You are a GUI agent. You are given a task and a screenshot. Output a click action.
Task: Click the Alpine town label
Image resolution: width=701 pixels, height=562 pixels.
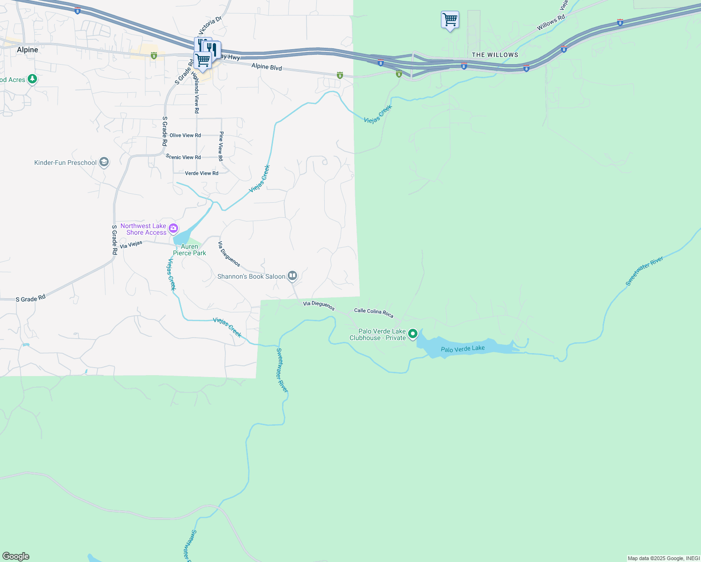(x=27, y=50)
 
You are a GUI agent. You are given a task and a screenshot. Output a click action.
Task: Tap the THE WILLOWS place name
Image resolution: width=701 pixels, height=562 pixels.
(x=495, y=55)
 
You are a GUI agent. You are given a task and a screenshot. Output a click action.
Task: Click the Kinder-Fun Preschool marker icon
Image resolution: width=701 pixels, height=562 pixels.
(x=104, y=163)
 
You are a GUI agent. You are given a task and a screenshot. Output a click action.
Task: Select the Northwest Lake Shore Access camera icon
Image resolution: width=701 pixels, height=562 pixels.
(x=173, y=229)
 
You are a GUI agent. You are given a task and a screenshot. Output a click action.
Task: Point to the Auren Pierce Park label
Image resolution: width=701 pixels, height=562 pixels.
(x=189, y=250)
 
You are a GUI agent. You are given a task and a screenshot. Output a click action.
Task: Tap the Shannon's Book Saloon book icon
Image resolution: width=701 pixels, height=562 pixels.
(x=292, y=276)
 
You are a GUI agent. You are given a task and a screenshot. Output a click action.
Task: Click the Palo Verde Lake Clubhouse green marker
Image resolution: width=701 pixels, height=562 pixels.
(x=413, y=334)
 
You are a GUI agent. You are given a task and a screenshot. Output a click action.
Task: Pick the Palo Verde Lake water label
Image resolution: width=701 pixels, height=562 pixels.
(x=462, y=349)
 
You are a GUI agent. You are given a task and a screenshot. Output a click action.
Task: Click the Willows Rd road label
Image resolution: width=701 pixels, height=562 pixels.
(x=551, y=23)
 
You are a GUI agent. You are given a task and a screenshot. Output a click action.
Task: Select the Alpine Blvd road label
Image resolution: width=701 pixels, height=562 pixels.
(x=267, y=67)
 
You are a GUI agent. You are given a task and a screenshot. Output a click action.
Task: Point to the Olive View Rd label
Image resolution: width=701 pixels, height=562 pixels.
(x=185, y=135)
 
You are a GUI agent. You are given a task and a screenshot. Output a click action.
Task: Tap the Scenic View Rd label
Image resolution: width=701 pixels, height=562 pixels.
(x=183, y=157)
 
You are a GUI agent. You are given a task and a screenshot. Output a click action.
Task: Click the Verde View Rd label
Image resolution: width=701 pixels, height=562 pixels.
(x=201, y=173)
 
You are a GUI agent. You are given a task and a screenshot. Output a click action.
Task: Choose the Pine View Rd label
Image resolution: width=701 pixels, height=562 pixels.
(x=221, y=146)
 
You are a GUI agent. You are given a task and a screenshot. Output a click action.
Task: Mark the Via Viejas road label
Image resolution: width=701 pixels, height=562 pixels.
(x=131, y=244)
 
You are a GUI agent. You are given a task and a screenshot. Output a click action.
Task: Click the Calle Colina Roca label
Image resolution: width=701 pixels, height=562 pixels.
(x=373, y=312)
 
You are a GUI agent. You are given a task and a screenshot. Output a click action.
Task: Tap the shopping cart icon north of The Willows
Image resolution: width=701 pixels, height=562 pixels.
(x=450, y=20)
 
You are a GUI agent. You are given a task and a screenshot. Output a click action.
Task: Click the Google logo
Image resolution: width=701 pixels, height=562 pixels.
(x=16, y=556)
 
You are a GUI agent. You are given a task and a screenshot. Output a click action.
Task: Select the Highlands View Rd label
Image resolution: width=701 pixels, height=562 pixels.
(x=196, y=93)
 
